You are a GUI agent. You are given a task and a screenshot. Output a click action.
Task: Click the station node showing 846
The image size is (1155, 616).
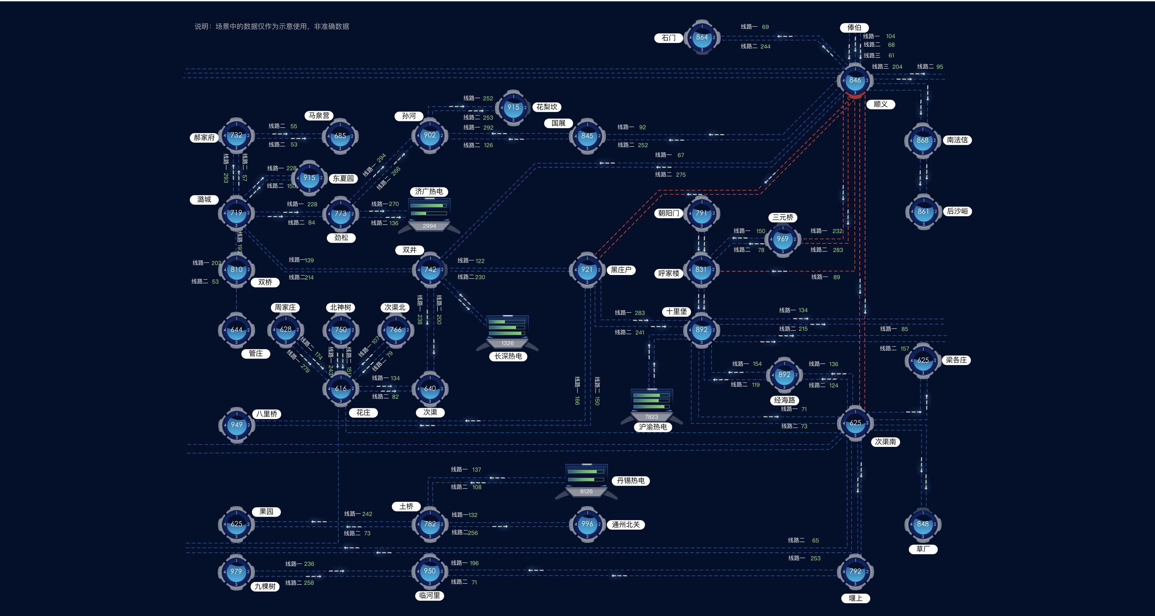[x=855, y=80]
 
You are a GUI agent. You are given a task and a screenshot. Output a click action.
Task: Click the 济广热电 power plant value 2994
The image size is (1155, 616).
[x=429, y=226]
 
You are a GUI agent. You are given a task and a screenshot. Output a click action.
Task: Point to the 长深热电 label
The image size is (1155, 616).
[x=508, y=356]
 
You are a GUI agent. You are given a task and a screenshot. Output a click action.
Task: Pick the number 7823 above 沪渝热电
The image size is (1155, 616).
[x=651, y=417]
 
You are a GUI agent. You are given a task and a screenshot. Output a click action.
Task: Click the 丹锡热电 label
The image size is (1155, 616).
[x=630, y=481]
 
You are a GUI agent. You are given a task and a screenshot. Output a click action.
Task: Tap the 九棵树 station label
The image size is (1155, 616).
[x=265, y=586]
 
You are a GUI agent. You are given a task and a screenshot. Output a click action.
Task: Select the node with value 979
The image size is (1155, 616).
[x=236, y=572]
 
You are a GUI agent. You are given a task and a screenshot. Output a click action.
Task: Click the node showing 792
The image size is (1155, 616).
[x=855, y=572]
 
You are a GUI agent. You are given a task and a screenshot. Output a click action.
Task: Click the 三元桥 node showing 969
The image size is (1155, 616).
[x=782, y=239]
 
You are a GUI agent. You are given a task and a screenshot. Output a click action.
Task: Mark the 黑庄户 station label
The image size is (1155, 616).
[x=621, y=270]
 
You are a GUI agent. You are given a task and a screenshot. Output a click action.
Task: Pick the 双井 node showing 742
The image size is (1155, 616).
[x=430, y=269]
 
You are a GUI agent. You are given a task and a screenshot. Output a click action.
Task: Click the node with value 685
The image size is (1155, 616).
[x=340, y=136]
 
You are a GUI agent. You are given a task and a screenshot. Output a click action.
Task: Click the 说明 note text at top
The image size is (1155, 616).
[x=272, y=26]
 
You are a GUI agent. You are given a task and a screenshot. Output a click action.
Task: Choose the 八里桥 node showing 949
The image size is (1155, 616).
[x=236, y=425]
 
